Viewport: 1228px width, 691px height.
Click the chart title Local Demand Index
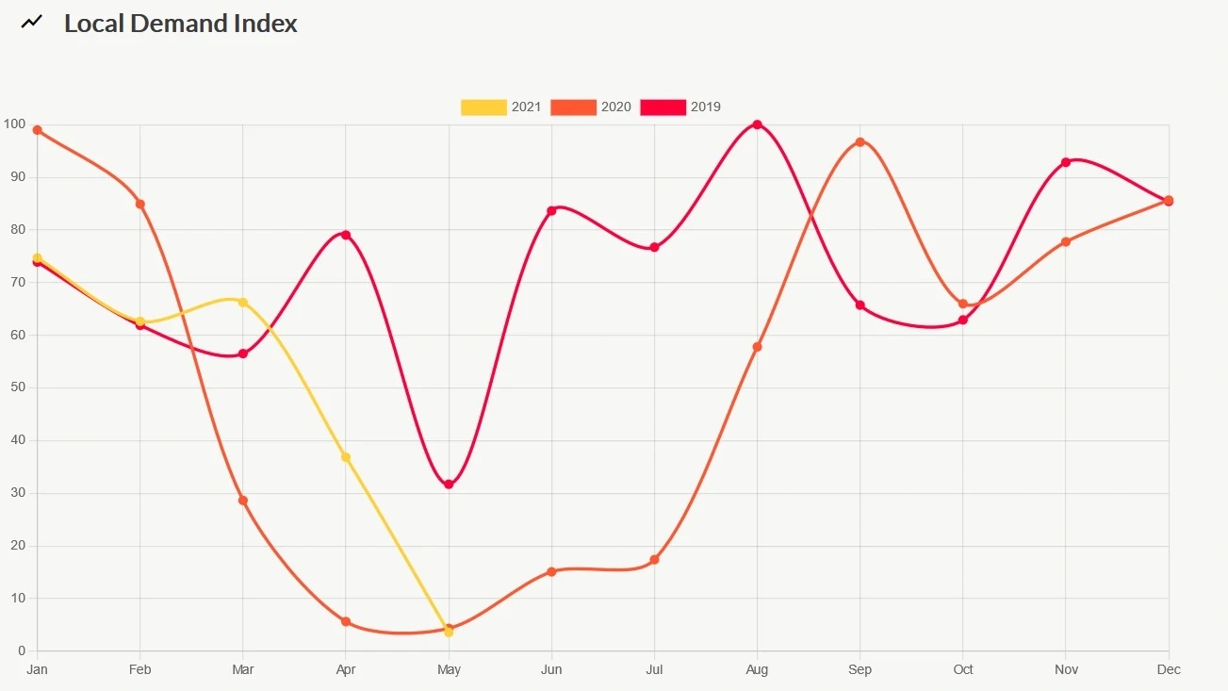(180, 24)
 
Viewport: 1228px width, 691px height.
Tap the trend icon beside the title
(32, 22)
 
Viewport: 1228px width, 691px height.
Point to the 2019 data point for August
(757, 124)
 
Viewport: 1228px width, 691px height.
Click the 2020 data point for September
(860, 142)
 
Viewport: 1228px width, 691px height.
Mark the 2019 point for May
(449, 485)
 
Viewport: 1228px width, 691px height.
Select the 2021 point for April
(346, 457)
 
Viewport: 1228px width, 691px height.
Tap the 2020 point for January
(37, 130)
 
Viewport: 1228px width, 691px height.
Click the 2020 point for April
(346, 622)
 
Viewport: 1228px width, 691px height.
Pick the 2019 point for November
(1066, 162)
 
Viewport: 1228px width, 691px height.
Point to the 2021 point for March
(243, 303)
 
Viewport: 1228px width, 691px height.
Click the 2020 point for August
(757, 347)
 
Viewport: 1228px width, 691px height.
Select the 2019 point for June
(551, 210)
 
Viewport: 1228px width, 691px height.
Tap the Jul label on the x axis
(654, 670)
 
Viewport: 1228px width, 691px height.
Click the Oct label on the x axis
(962, 670)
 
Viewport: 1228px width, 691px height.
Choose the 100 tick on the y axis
(13, 124)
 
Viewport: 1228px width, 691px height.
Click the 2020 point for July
(654, 560)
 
